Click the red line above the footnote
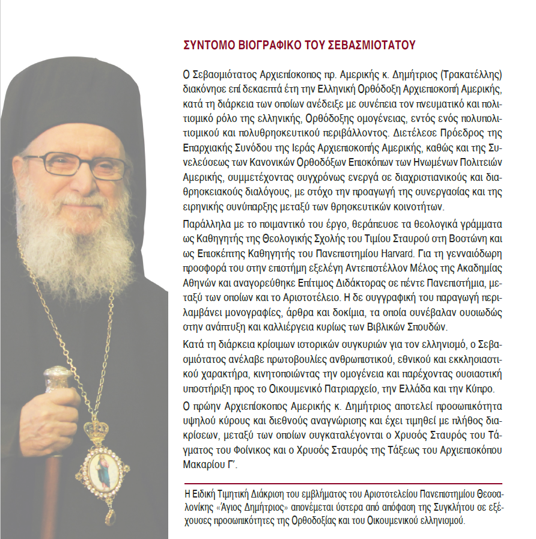coord(343,484)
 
